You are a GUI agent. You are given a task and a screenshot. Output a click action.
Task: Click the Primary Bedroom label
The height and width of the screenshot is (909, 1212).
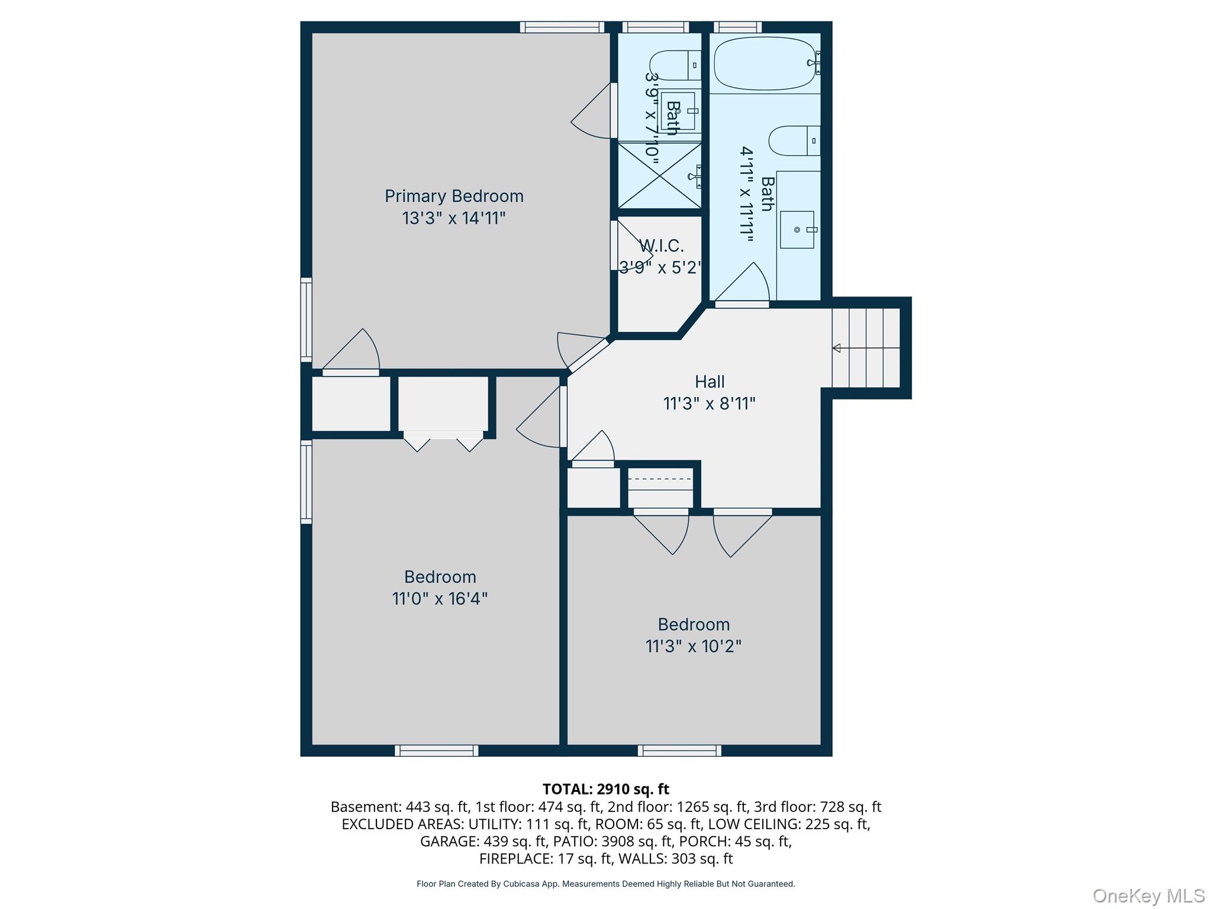pyautogui.click(x=454, y=196)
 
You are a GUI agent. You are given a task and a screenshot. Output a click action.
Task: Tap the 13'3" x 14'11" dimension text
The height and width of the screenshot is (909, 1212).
pyautogui.click(x=454, y=218)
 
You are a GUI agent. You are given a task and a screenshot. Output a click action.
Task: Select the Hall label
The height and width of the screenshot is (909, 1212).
pyautogui.click(x=710, y=382)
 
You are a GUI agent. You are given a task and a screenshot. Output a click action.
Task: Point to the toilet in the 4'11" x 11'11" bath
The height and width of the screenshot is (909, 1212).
pyautogui.click(x=794, y=141)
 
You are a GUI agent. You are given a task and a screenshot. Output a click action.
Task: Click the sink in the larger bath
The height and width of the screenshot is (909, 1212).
pyautogui.click(x=797, y=230)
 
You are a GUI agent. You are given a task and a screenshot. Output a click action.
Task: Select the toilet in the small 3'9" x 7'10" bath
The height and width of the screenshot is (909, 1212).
pyautogui.click(x=674, y=65)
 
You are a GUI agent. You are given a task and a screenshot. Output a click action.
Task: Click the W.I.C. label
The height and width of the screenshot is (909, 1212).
pyautogui.click(x=661, y=246)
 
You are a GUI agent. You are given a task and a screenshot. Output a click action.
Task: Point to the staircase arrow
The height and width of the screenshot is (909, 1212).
pyautogui.click(x=837, y=348)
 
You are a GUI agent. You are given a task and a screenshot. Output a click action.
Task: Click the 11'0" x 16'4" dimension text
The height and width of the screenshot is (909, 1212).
pyautogui.click(x=440, y=599)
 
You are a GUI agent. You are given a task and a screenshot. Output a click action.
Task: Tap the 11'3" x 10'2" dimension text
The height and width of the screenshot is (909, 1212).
pyautogui.click(x=694, y=646)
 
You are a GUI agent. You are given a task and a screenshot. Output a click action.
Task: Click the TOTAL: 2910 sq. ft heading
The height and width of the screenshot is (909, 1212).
pyautogui.click(x=605, y=789)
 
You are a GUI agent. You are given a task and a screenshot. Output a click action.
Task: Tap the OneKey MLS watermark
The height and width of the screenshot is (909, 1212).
pyautogui.click(x=1149, y=895)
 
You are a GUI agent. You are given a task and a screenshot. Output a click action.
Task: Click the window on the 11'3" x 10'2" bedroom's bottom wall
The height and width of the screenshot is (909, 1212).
pyautogui.click(x=679, y=750)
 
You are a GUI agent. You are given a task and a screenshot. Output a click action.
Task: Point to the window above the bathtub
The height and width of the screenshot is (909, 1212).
pyautogui.click(x=737, y=27)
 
